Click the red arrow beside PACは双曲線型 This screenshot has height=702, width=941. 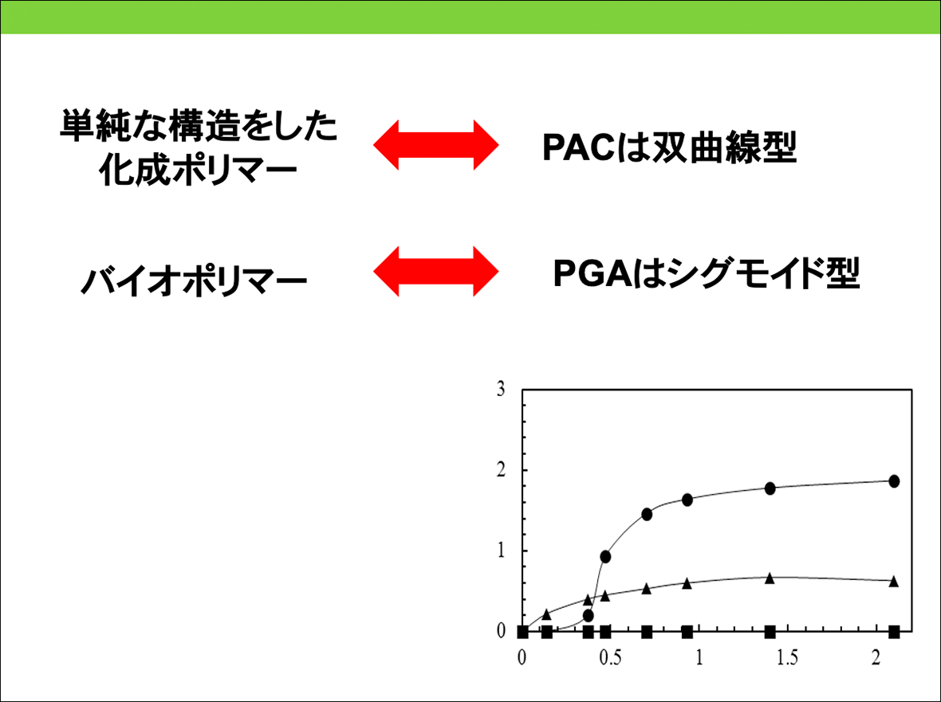tap(435, 145)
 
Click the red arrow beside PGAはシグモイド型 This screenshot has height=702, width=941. tap(435, 272)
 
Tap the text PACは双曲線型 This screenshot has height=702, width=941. tap(669, 147)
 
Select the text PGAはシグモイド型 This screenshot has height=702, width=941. tap(707, 273)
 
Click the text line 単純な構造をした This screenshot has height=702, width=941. tap(199, 127)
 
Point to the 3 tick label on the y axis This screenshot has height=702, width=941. tap(501, 390)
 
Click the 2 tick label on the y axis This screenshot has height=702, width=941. tap(501, 471)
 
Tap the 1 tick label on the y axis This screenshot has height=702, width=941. tap(501, 551)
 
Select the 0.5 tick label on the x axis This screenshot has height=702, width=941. tap(610, 658)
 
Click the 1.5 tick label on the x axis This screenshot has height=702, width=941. tap(787, 658)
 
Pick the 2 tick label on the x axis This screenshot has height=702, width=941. tap(876, 658)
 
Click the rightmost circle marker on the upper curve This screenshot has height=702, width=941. tap(894, 480)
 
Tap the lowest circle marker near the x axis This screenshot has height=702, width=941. tap(589, 616)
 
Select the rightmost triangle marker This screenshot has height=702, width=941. tap(894, 581)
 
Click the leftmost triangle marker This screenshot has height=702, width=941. tap(546, 614)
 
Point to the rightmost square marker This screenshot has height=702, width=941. tap(894, 632)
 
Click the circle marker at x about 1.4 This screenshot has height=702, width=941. tap(770, 488)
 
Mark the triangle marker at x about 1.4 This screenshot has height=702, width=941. tap(770, 578)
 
